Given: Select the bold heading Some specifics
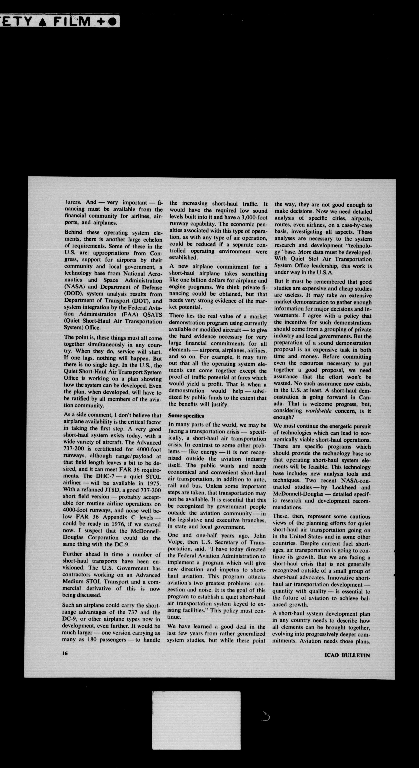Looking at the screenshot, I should [186, 416].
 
